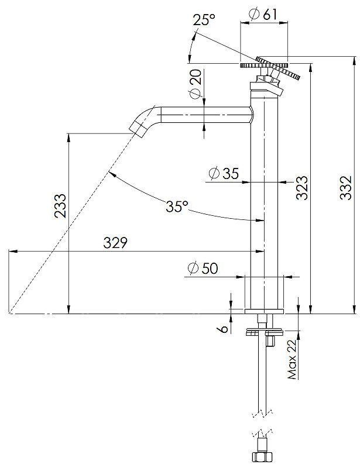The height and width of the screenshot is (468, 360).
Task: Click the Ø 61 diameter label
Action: click(263, 14)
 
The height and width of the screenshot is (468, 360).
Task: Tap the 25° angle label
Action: click(204, 19)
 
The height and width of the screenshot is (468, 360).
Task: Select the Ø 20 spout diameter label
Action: click(196, 84)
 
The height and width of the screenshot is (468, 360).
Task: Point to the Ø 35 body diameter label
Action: click(224, 173)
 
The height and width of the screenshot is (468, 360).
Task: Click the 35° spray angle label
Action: click(177, 207)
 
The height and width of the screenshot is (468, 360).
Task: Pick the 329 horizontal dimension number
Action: click(115, 243)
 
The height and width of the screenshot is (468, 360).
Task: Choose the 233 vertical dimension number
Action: click(60, 206)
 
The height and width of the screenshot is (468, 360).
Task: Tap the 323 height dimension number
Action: click(301, 187)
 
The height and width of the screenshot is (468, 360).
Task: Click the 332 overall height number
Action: click(346, 188)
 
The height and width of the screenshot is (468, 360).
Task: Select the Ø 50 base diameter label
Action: click(203, 268)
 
